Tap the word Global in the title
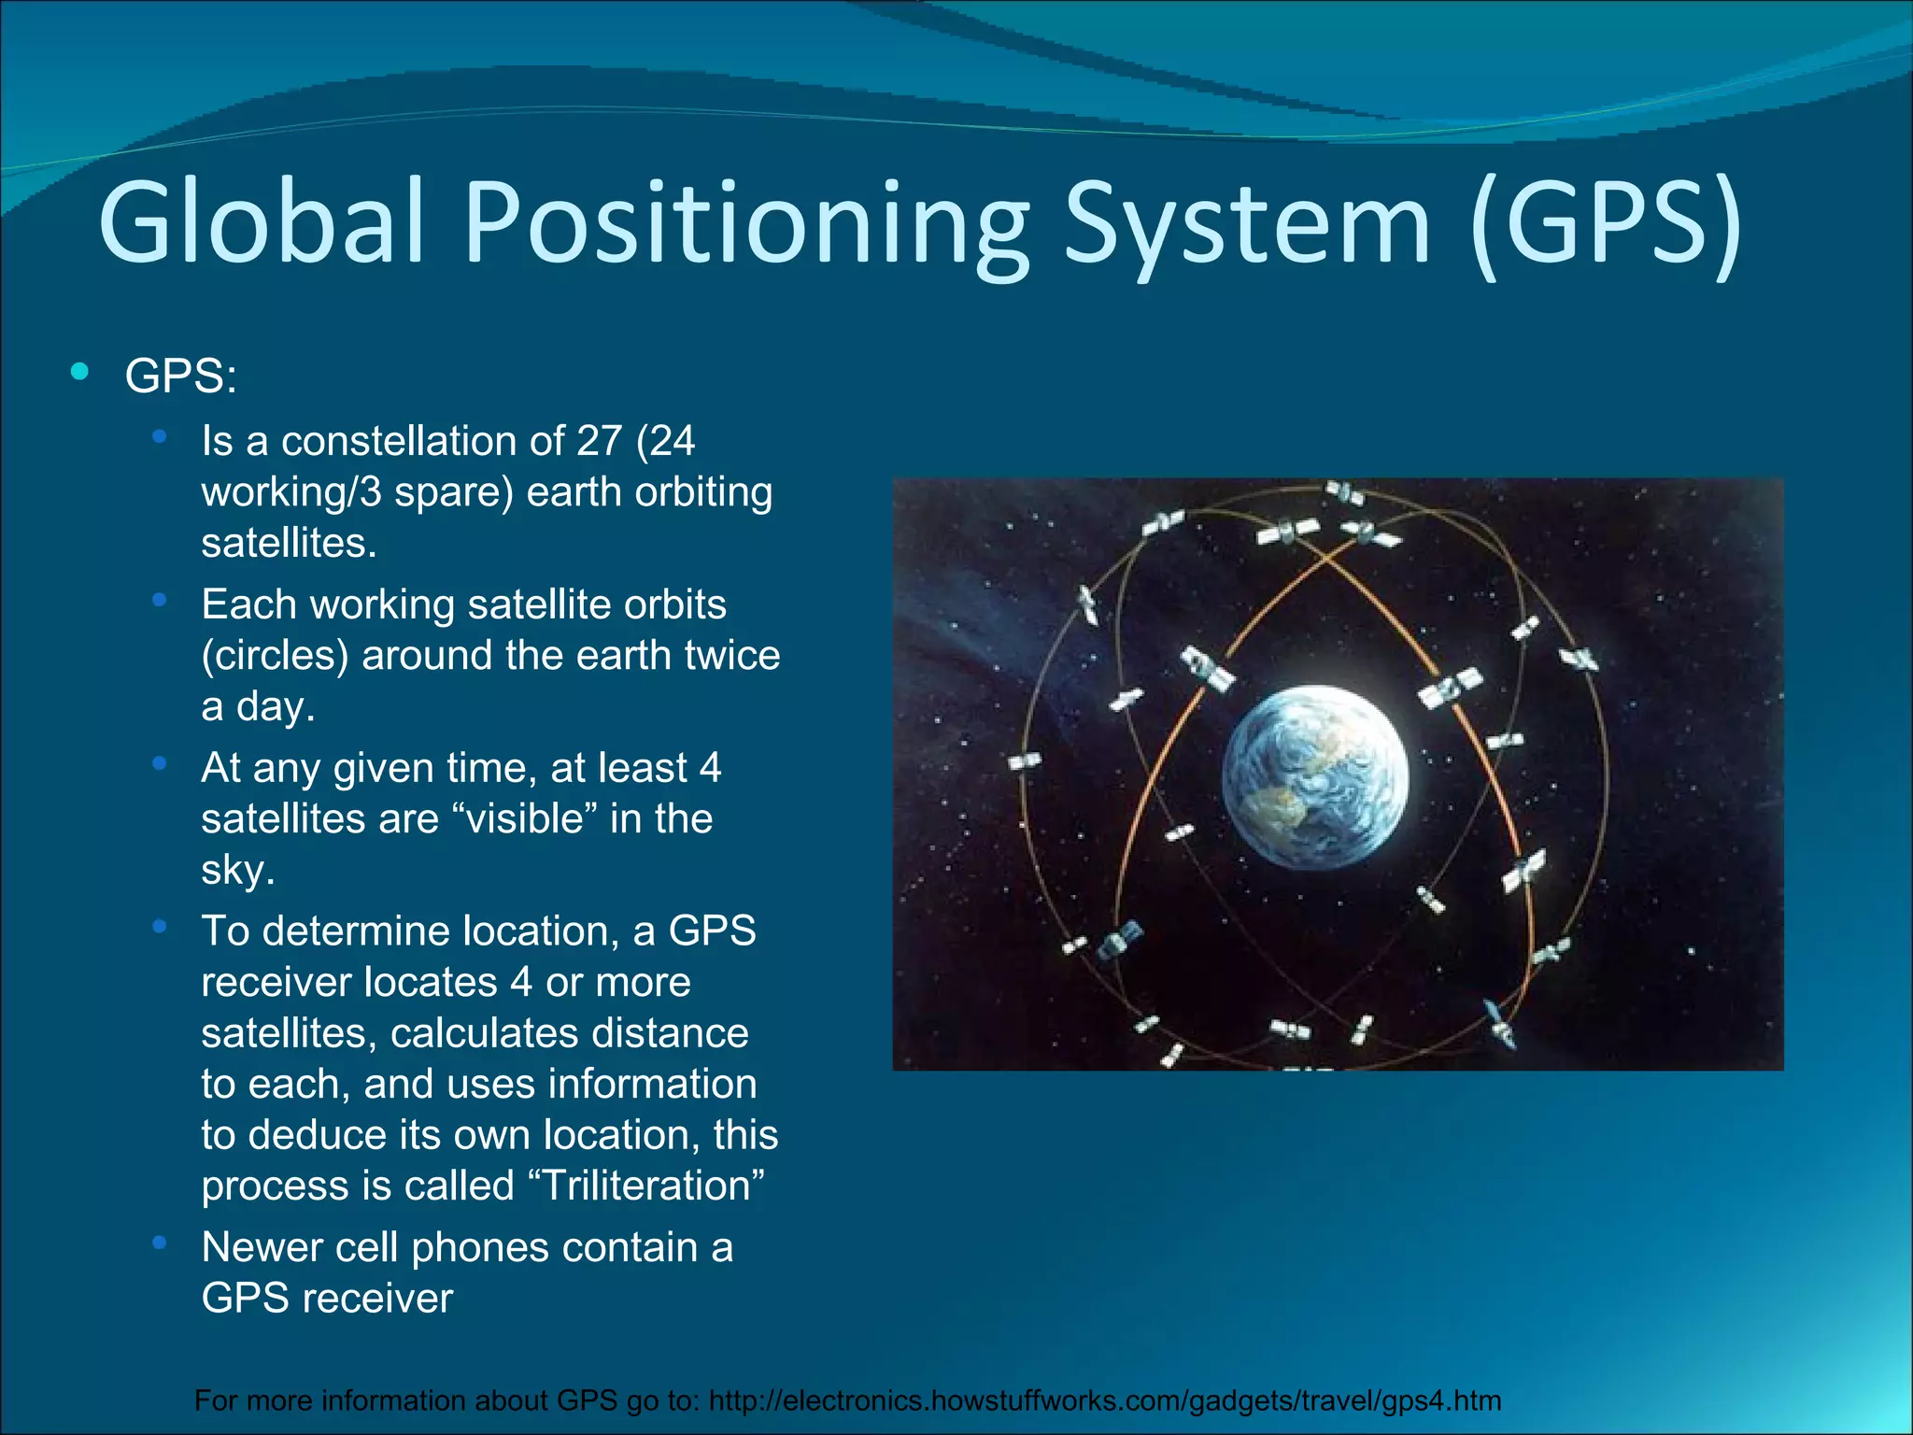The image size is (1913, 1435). click(262, 224)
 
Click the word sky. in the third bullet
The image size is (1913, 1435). click(237, 871)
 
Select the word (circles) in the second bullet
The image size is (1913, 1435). click(275, 656)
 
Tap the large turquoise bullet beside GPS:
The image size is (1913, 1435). click(80, 372)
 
